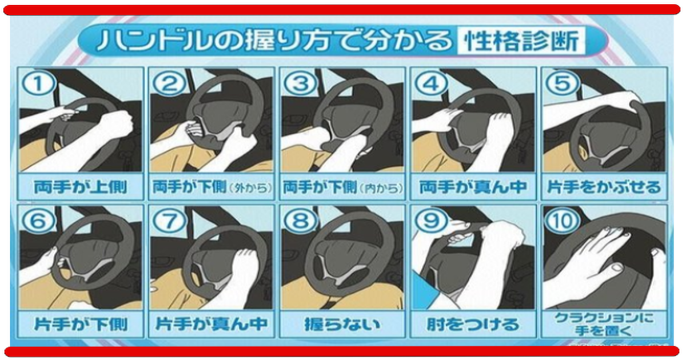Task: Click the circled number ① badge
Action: (38, 83)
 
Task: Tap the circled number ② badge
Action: (169, 83)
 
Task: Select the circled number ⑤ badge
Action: (563, 83)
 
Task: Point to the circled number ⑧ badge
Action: (301, 221)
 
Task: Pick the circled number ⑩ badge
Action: (563, 221)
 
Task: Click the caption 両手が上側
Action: (81, 187)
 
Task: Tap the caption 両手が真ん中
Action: (473, 187)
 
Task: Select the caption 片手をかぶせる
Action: (604, 187)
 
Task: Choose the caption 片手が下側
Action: (81, 325)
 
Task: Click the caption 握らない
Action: (342, 325)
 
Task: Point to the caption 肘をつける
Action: (473, 325)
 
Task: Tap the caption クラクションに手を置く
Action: (604, 325)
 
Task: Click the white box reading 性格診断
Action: (521, 41)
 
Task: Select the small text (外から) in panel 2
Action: (250, 188)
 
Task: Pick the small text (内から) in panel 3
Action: (381, 188)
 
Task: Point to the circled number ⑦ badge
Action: (169, 221)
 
